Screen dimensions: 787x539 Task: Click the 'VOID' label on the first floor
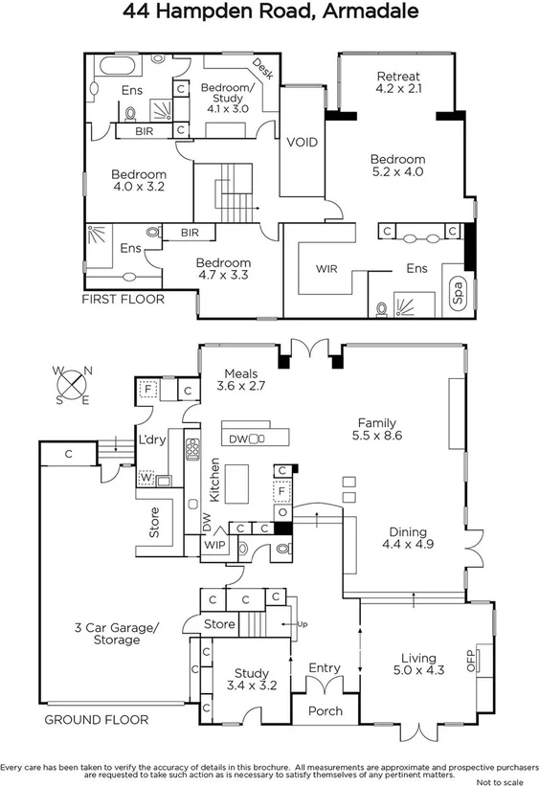(303, 143)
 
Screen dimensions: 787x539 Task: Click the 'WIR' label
(326, 269)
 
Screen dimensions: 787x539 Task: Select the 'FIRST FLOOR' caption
(123, 299)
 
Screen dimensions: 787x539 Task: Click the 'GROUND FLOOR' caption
(96, 719)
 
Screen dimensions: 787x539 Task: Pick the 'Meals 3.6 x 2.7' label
(239, 379)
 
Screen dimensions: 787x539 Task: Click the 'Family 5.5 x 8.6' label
(376, 430)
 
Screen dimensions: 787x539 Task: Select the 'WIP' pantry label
(213, 545)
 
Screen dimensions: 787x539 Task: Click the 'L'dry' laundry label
(151, 441)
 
